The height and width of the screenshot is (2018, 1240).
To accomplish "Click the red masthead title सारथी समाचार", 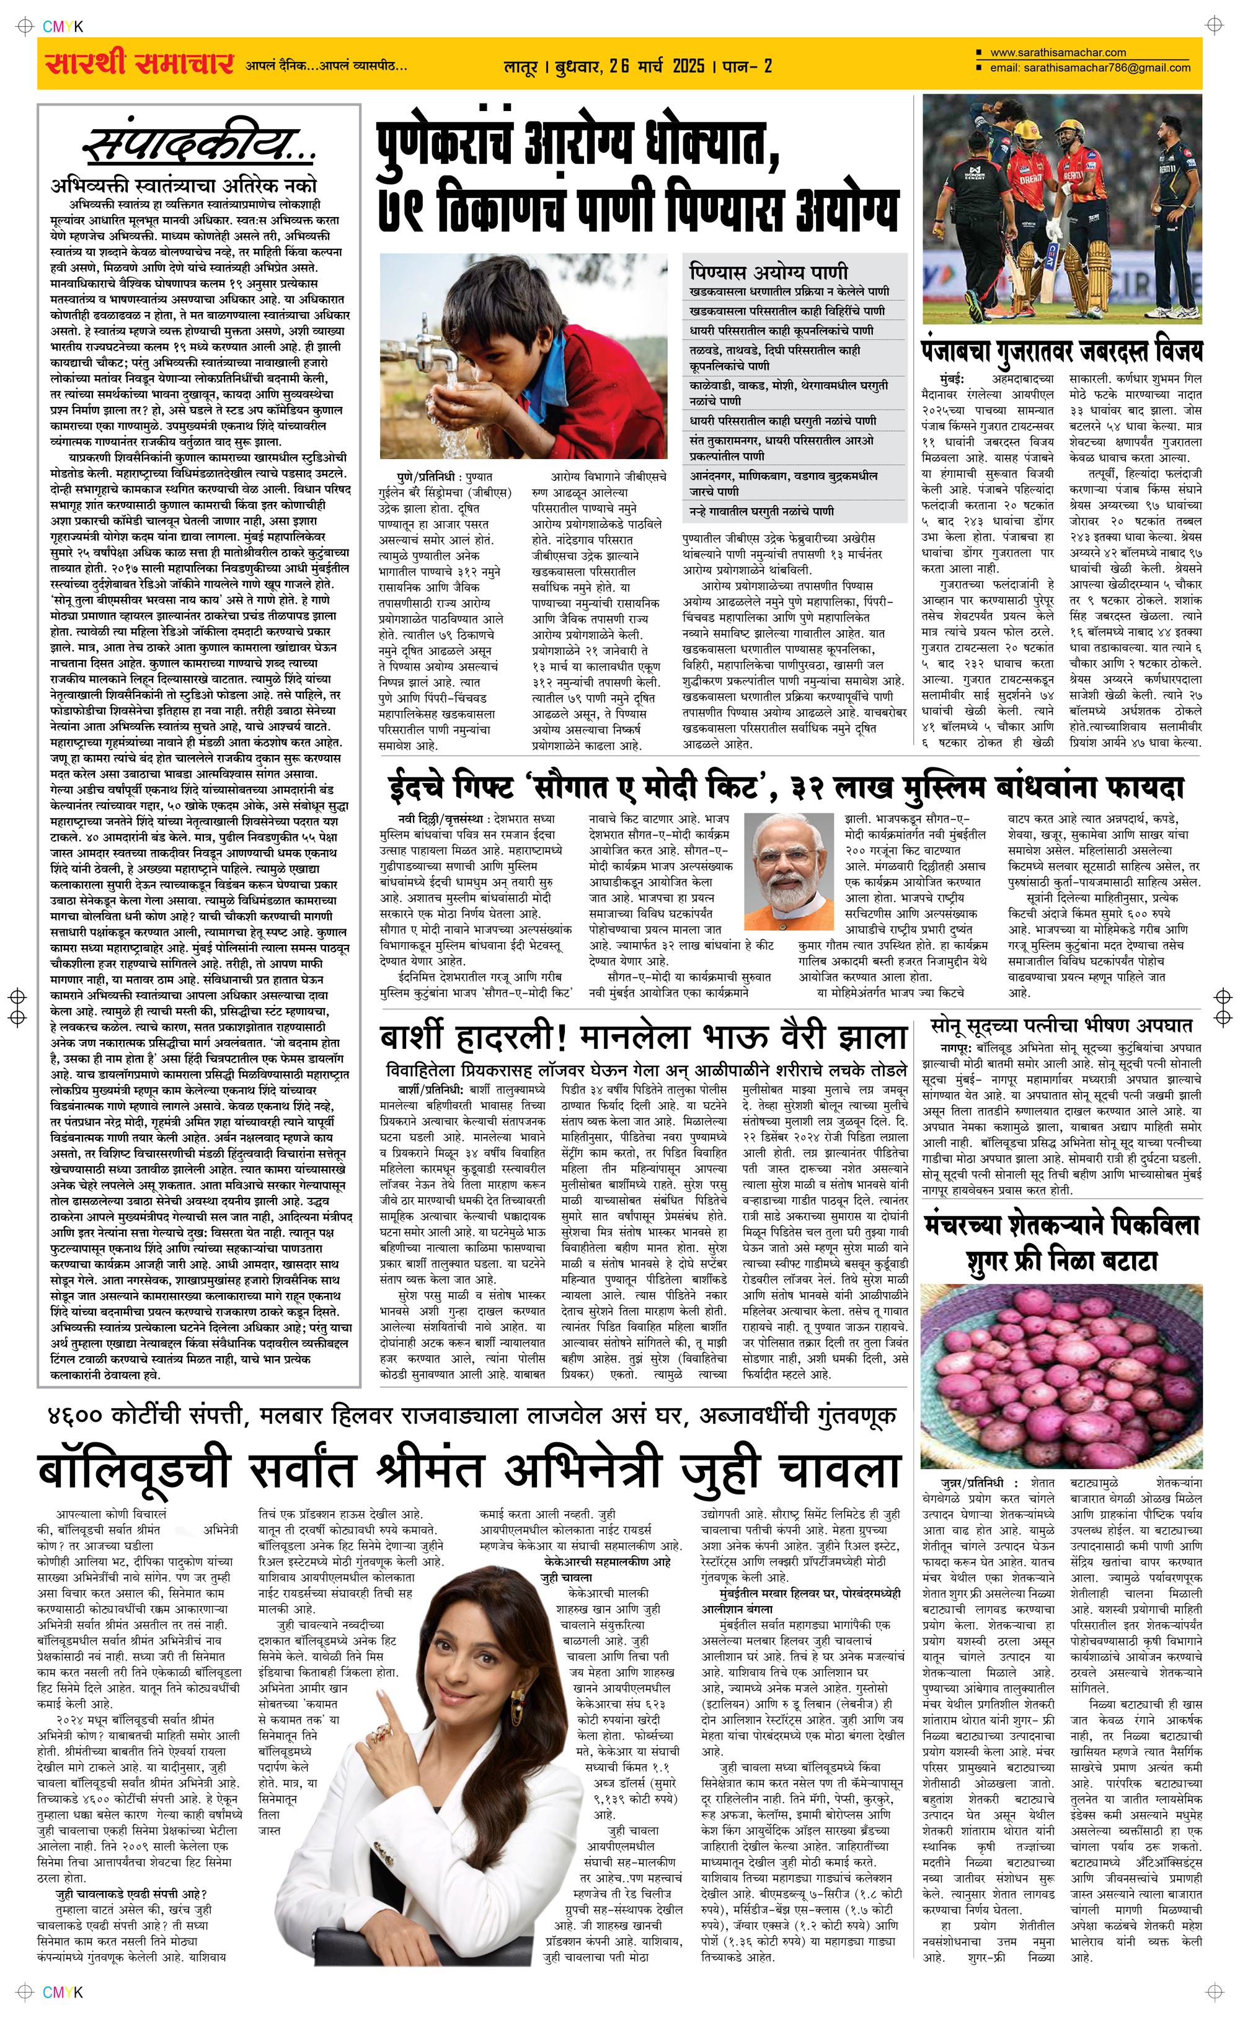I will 139,63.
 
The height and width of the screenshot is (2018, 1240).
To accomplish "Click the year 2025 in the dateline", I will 688,66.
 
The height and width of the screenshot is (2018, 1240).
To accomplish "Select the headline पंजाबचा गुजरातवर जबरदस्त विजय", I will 1061,350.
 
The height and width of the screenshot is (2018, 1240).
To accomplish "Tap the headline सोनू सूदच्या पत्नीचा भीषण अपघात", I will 1061,1025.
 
